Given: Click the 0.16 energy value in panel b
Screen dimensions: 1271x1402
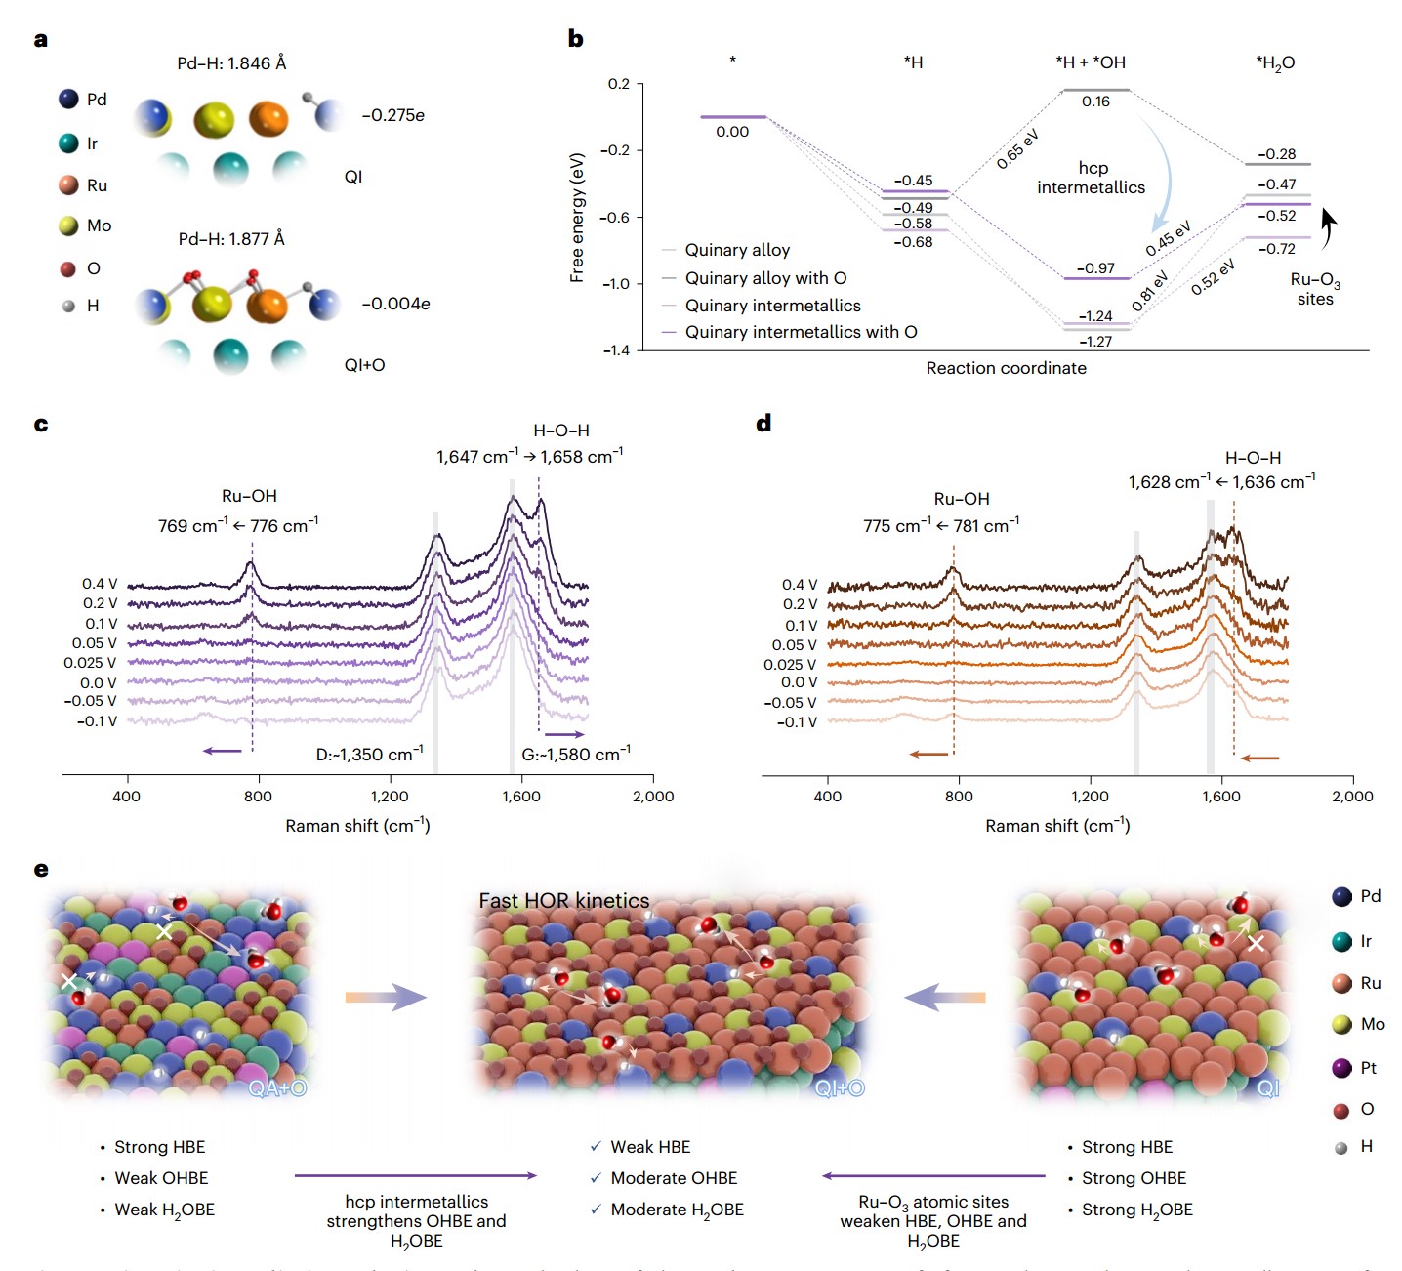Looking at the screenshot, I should [x=1095, y=102].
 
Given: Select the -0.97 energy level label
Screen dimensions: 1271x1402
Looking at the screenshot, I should [x=1095, y=268].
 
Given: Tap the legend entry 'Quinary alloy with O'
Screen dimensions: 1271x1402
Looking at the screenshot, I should [x=765, y=278].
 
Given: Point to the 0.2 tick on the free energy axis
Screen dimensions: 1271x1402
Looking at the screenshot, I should [x=619, y=84].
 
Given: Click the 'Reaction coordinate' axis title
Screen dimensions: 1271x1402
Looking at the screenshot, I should [x=1006, y=368].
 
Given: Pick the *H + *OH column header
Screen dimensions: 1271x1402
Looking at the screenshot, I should [x=1091, y=62].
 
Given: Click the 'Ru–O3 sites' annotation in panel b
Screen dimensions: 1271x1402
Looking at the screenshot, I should [x=1315, y=289].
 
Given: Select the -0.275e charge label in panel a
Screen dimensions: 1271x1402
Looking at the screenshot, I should [x=392, y=115].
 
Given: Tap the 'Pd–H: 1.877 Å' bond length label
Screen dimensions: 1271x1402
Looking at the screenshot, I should [x=231, y=239].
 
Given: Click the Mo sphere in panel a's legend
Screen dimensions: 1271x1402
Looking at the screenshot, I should [x=68, y=225].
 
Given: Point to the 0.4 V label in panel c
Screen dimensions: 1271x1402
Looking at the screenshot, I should [x=100, y=584].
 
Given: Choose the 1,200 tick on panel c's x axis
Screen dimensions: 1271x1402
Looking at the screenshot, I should [x=390, y=796].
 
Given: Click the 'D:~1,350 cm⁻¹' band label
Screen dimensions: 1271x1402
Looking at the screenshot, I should [x=369, y=755].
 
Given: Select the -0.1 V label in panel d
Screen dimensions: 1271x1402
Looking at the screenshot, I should [x=797, y=722].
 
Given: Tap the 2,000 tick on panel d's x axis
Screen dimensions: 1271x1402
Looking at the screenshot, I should [x=1352, y=796].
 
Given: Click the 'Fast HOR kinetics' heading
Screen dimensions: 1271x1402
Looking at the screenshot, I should [x=564, y=901].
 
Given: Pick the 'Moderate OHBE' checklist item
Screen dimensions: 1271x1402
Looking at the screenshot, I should [x=674, y=1178].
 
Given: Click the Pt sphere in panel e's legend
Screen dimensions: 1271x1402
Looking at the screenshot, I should [x=1342, y=1068].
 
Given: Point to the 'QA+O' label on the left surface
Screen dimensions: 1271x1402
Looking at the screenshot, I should [x=277, y=1088].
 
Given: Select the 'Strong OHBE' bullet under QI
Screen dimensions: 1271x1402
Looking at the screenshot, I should [x=1134, y=1178].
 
